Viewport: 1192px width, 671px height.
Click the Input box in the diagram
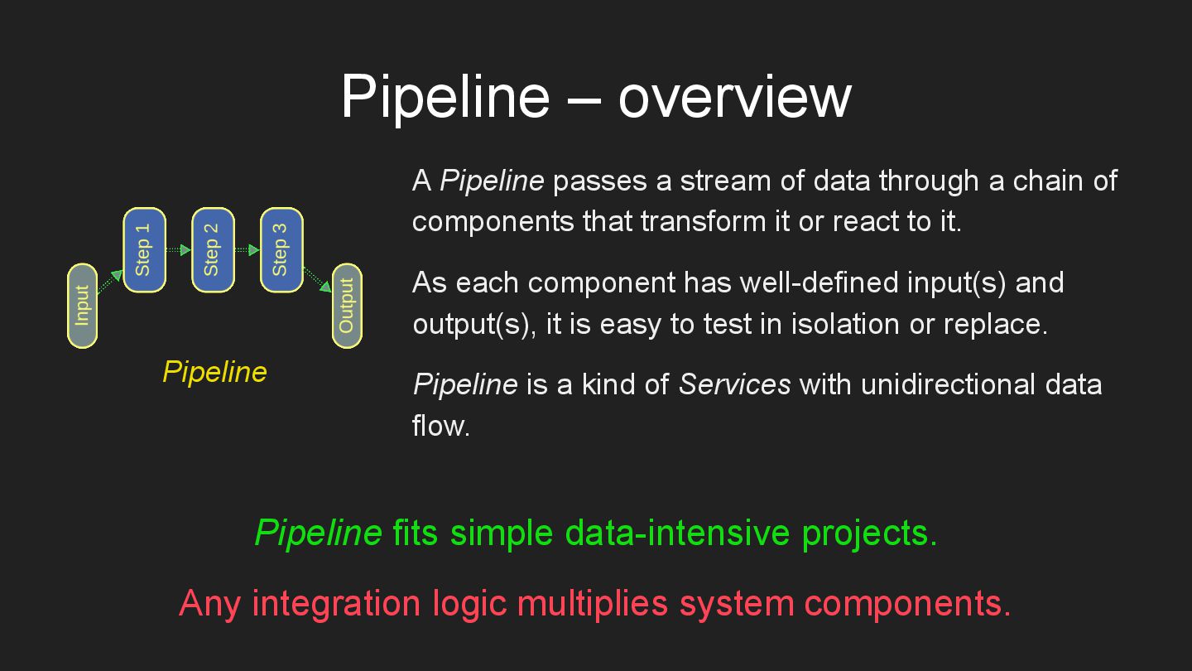(x=82, y=306)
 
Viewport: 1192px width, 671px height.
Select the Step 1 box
(x=144, y=250)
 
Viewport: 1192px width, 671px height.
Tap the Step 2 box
(x=213, y=250)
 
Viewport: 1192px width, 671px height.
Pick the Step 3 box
(x=281, y=250)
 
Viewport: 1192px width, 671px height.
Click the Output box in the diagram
(x=347, y=306)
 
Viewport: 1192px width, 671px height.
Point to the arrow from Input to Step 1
(x=110, y=281)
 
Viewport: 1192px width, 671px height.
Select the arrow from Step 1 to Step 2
(x=178, y=249)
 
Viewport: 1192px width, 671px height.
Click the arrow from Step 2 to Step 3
(x=247, y=249)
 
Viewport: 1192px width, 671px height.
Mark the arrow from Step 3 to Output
(x=317, y=279)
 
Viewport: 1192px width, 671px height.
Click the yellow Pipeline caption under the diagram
(x=214, y=372)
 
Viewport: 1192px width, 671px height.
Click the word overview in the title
(x=734, y=96)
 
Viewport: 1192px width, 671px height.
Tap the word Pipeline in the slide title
(x=445, y=96)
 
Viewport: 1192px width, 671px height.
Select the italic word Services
(x=734, y=385)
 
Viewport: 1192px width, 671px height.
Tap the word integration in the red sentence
(x=335, y=603)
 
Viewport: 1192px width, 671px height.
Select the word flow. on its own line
(x=441, y=426)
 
